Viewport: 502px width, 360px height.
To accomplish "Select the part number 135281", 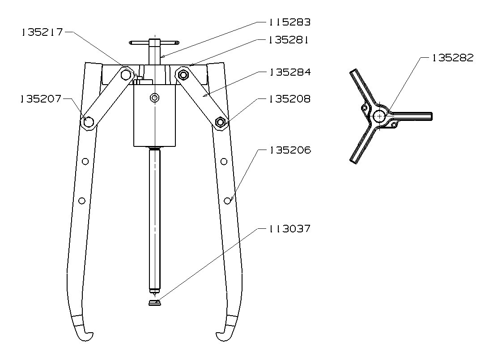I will point(289,40).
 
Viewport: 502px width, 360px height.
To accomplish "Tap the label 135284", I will point(289,72).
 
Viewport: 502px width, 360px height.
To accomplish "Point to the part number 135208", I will point(289,99).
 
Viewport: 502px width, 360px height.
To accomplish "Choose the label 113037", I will point(289,229).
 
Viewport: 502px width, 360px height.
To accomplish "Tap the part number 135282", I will point(452,58).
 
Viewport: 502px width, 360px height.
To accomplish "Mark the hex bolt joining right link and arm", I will point(220,122).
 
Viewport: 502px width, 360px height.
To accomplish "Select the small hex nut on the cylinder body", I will point(155,97).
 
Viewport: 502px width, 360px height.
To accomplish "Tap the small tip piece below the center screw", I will point(154,304).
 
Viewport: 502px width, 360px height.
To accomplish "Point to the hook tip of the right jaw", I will point(219,335).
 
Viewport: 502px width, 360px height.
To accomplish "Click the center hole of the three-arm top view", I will point(379,116).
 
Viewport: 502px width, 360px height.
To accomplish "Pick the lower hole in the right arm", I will point(227,201).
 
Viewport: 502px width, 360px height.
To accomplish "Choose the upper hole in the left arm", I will point(85,161).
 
